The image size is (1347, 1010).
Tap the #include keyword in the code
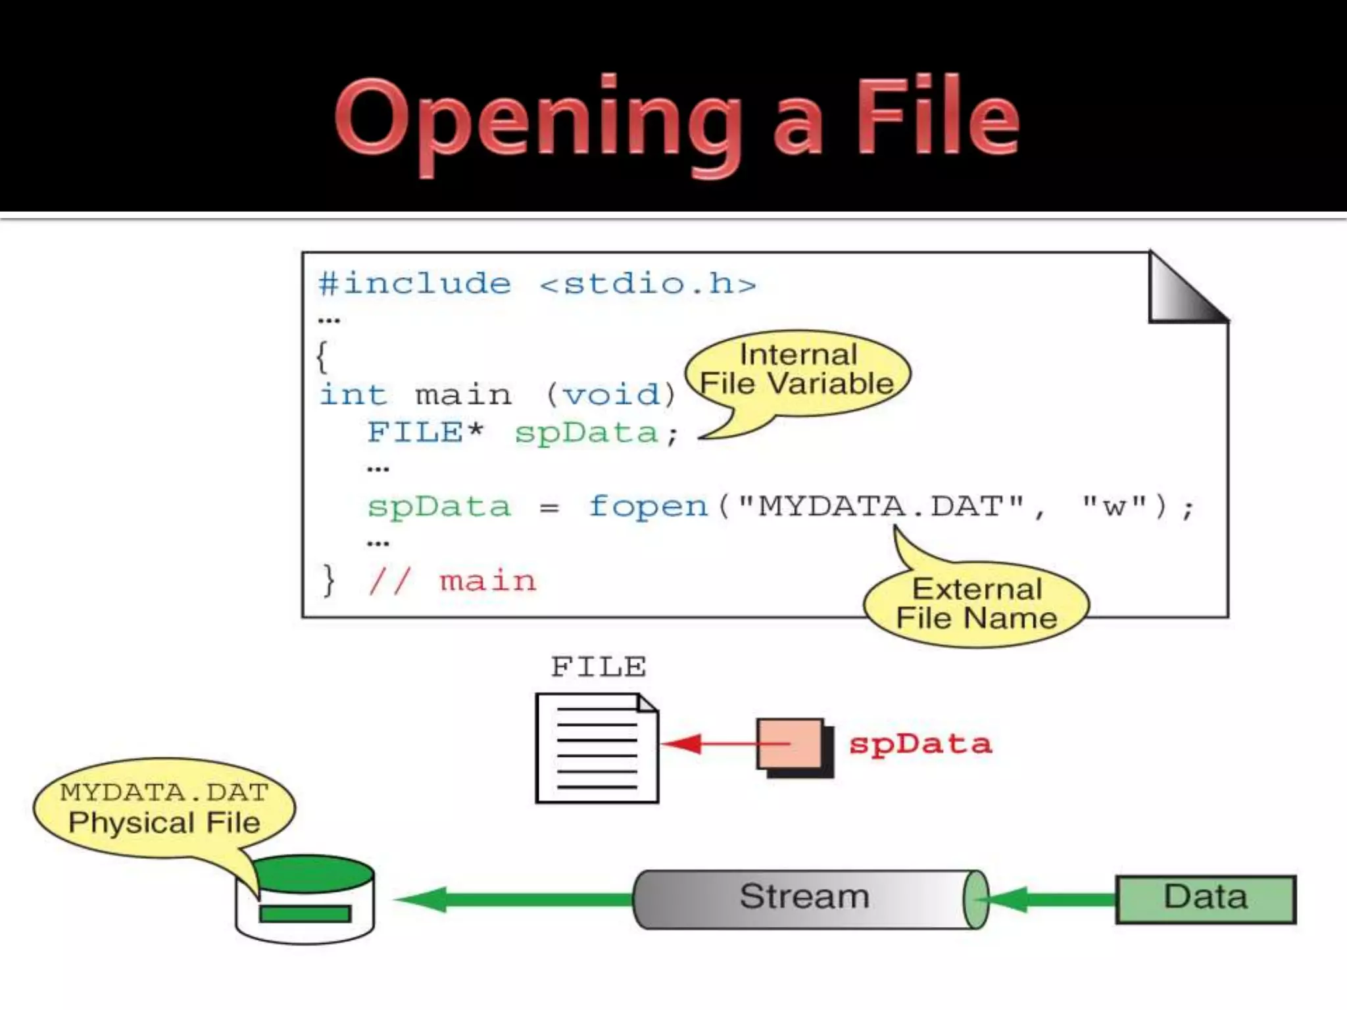tap(414, 284)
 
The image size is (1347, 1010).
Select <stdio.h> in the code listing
tap(648, 284)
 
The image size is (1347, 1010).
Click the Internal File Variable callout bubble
tap(798, 372)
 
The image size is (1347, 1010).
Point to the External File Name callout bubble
tap(977, 604)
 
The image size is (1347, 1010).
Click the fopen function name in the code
tap(648, 506)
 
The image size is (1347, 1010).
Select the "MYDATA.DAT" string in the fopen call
tap(881, 506)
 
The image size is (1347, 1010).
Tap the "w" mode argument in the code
tap(1114, 506)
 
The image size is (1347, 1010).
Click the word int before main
tap(353, 395)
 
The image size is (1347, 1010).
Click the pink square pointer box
tap(791, 744)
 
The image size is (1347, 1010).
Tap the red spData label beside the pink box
tap(919, 744)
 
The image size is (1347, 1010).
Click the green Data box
tap(1205, 899)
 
